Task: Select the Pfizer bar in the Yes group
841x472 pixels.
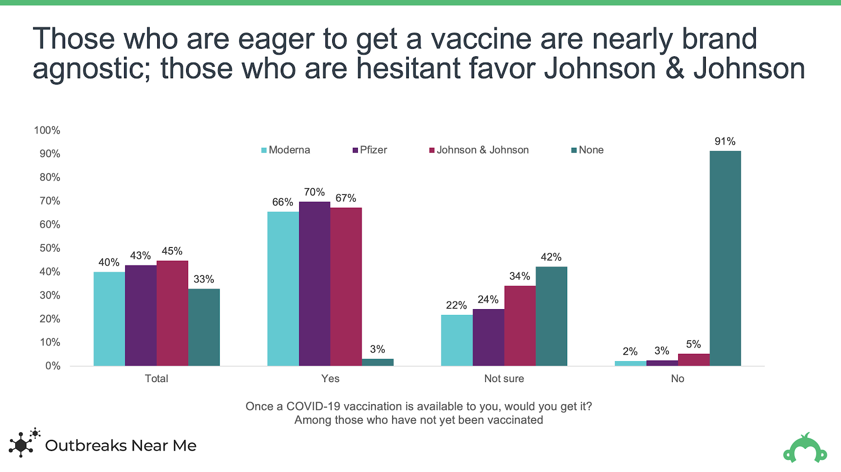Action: coord(314,284)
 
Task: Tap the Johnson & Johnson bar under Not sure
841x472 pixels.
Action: coord(520,326)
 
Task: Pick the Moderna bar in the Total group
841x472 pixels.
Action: coord(109,319)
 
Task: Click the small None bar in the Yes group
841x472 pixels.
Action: coord(377,362)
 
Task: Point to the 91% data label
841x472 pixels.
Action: coord(725,141)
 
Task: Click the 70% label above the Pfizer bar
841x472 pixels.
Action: coord(314,192)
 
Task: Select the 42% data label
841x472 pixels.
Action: coord(551,257)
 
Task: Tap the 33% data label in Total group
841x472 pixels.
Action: coord(203,279)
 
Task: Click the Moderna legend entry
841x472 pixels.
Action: coord(286,150)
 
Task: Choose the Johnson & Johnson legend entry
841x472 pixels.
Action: coord(479,150)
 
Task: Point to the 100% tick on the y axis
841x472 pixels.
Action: coord(47,130)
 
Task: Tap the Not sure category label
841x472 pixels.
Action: coord(504,378)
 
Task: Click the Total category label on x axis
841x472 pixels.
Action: coord(156,378)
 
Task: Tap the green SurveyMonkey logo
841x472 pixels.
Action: coord(805,448)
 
